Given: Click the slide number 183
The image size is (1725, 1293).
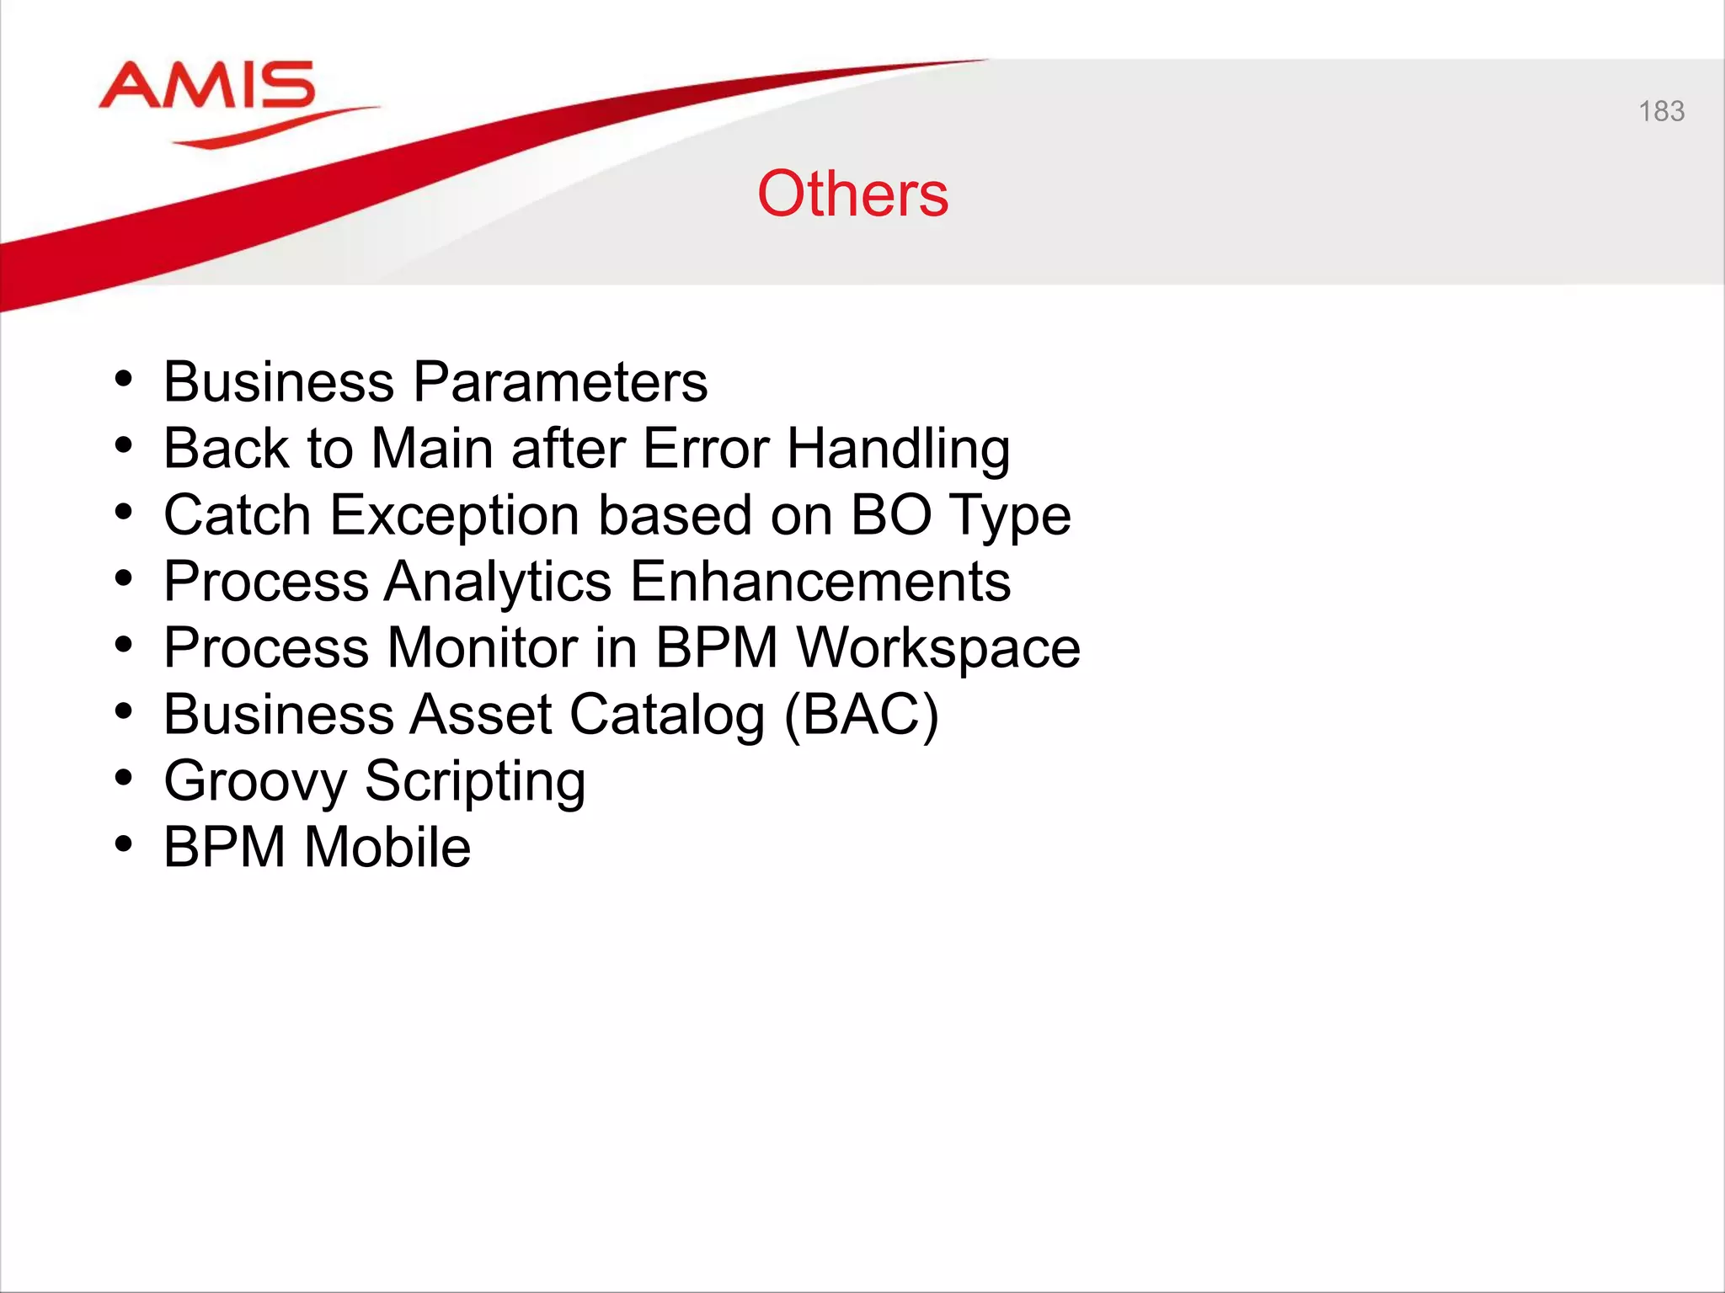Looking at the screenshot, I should point(1661,111).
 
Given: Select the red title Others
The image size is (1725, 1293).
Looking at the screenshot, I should point(852,194).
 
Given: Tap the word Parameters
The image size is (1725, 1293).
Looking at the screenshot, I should point(560,382).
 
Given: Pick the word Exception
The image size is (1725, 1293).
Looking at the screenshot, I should point(455,515).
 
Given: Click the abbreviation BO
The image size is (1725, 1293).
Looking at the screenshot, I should point(890,514).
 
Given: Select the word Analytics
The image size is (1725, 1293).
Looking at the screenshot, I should point(498,582).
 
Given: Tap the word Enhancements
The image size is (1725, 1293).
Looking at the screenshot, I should point(820,581).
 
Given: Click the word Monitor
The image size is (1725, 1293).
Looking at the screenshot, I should point(482,647).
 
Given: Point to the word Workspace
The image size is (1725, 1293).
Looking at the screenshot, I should point(938,648).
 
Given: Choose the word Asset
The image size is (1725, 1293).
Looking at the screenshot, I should point(480,714).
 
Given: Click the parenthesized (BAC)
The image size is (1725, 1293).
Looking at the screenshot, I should point(861,715).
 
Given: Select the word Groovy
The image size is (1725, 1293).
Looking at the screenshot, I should point(254,781).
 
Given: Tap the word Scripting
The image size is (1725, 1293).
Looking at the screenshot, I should point(475,781).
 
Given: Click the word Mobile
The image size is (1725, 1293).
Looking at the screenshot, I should point(387,847).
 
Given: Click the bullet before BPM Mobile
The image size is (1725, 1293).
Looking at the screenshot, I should point(124,844).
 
